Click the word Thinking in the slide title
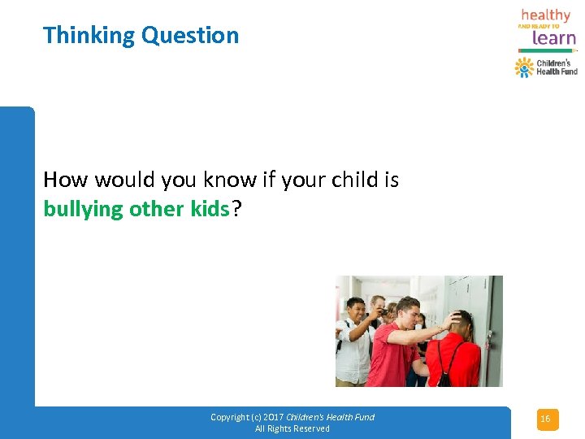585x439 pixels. tap(89, 36)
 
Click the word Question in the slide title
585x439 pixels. tap(190, 36)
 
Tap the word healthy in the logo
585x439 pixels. tap(545, 15)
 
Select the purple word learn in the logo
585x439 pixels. tap(554, 37)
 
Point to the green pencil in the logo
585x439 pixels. tap(547, 50)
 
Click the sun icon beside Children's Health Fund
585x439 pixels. tap(524, 67)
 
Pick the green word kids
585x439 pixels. tap(210, 209)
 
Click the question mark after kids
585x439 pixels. tap(236, 209)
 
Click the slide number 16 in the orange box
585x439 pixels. tap(545, 419)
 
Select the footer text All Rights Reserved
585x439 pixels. tap(292, 428)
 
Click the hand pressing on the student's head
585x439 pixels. tap(452, 318)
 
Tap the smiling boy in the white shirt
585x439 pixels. tap(354, 341)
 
